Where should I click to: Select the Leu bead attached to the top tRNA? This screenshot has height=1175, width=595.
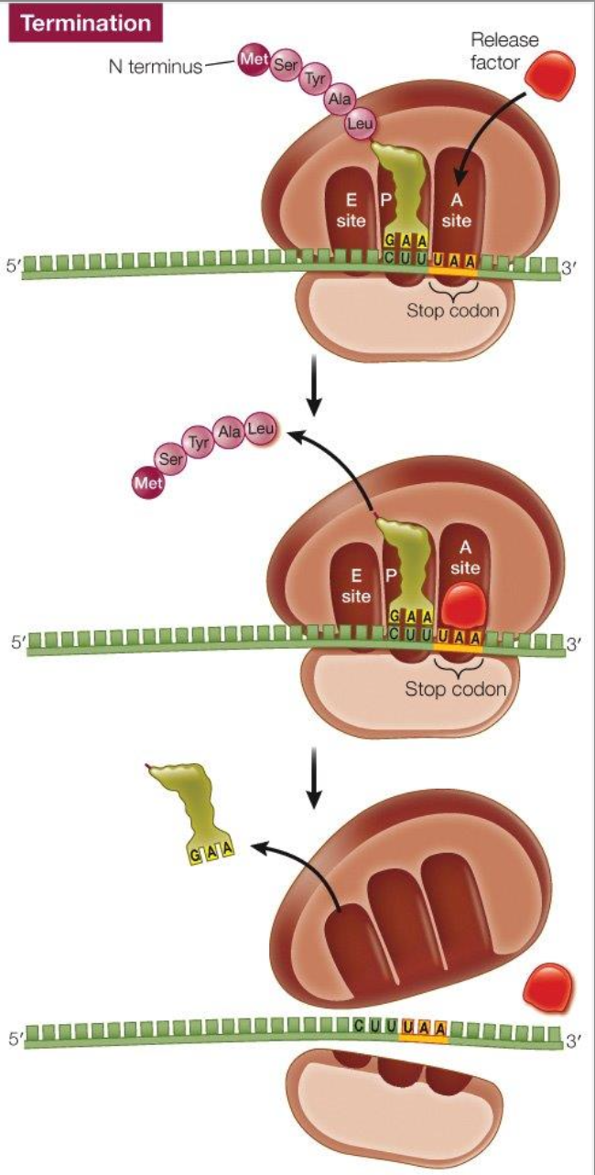coord(358,124)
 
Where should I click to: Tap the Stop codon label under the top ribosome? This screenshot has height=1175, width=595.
coord(452,309)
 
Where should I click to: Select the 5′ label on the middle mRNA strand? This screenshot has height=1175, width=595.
coord(17,642)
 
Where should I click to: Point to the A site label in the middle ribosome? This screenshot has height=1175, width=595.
coord(465,557)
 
